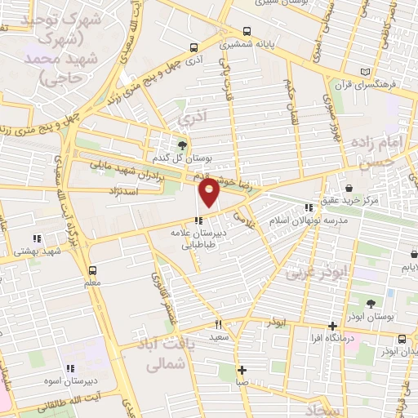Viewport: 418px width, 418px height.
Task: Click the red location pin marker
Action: pos(210,193)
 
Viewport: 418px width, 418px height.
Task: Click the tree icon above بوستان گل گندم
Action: pos(181,145)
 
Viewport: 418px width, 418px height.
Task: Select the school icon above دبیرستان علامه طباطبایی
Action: pos(198,220)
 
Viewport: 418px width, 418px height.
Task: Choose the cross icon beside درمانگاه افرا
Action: pos(331,326)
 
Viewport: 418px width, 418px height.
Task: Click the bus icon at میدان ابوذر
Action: pos(402,339)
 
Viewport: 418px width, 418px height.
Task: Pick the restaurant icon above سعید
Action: pos(218,324)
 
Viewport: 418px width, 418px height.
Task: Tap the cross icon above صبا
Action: pos(242,370)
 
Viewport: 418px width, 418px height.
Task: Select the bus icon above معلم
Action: pos(91,269)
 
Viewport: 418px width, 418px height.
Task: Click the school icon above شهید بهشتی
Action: pos(36,239)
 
